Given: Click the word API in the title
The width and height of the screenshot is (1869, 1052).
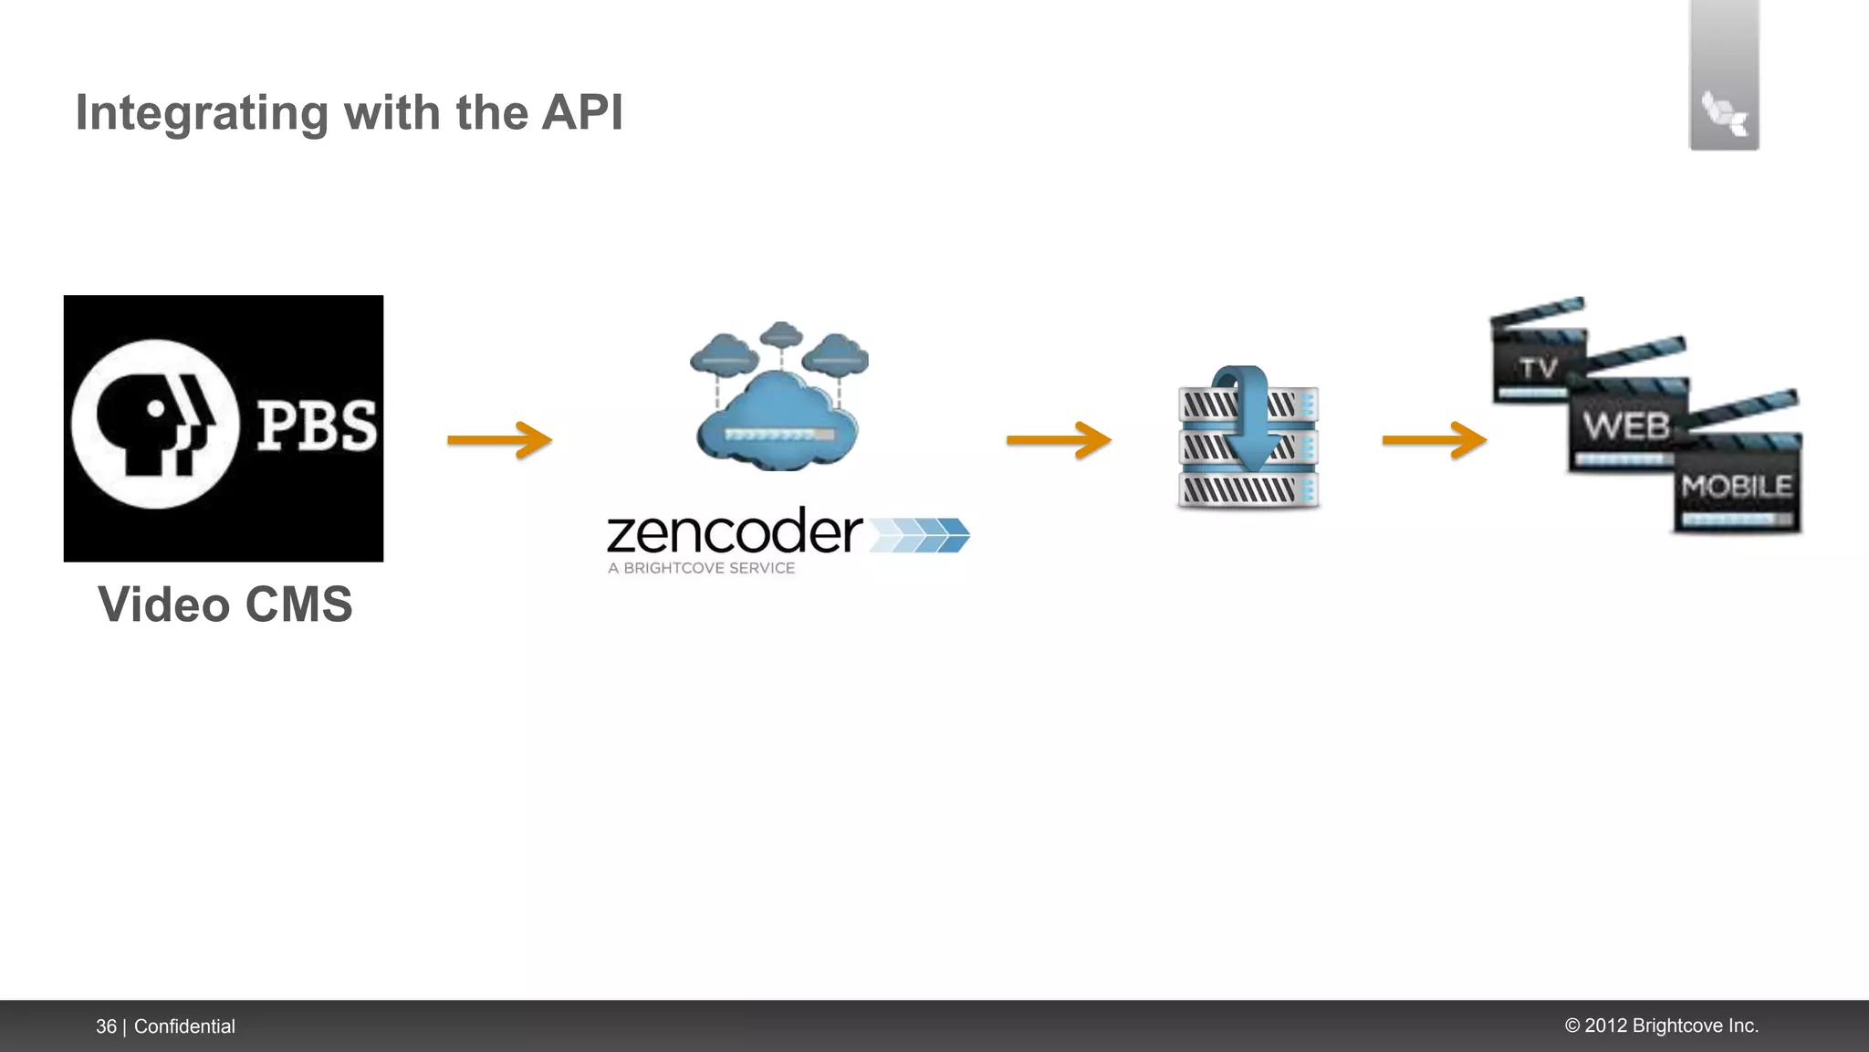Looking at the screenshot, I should [581, 112].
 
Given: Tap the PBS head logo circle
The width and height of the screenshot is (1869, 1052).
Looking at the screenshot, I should [155, 425].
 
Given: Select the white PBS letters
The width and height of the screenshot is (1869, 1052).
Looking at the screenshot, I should [316, 426].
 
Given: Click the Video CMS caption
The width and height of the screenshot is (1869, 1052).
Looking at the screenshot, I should [224, 605].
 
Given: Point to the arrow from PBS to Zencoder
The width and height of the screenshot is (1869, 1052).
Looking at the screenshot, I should [499, 440].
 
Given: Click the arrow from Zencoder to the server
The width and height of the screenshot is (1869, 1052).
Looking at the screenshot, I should [1059, 440].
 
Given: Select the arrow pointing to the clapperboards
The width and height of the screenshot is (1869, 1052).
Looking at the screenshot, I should [1434, 440].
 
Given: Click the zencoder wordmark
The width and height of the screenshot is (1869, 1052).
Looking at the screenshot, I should [734, 532].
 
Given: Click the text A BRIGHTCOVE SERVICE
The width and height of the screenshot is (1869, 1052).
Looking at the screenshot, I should [701, 568].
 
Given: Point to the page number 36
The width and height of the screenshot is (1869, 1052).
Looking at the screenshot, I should [106, 1026].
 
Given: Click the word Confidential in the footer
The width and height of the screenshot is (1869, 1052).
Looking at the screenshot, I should [184, 1026].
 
